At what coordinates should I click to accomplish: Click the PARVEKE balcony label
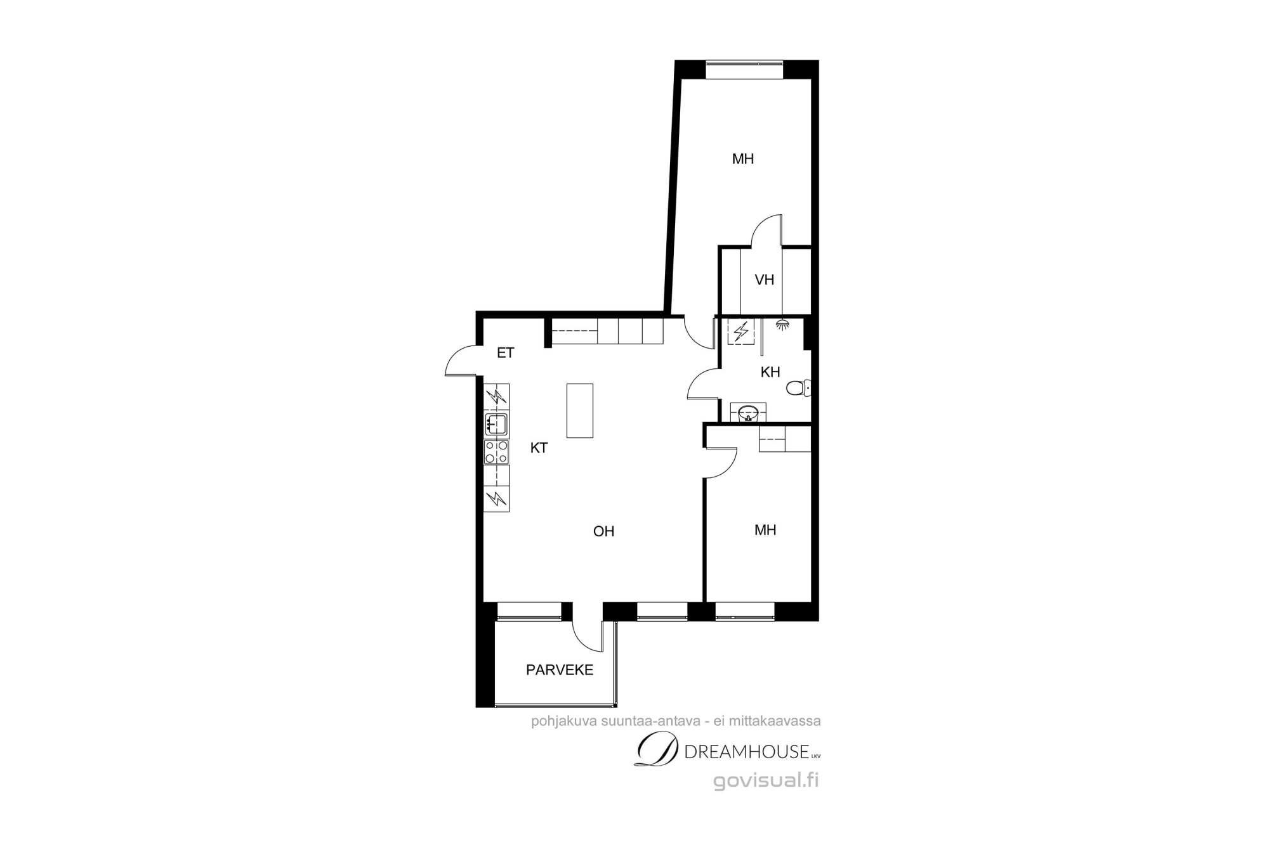tap(560, 670)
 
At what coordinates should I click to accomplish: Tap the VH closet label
tap(765, 280)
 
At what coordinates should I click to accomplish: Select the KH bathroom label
tap(770, 372)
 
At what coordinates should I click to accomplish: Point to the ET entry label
tap(505, 353)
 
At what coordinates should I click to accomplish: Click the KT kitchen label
tap(539, 448)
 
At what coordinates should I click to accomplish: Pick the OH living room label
tap(603, 531)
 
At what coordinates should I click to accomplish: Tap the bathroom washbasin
tap(749, 413)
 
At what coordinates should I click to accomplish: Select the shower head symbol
tap(783, 324)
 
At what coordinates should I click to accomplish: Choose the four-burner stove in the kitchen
tap(496, 452)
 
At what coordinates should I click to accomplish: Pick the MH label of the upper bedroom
tap(743, 158)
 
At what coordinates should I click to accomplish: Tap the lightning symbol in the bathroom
tap(740, 332)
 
